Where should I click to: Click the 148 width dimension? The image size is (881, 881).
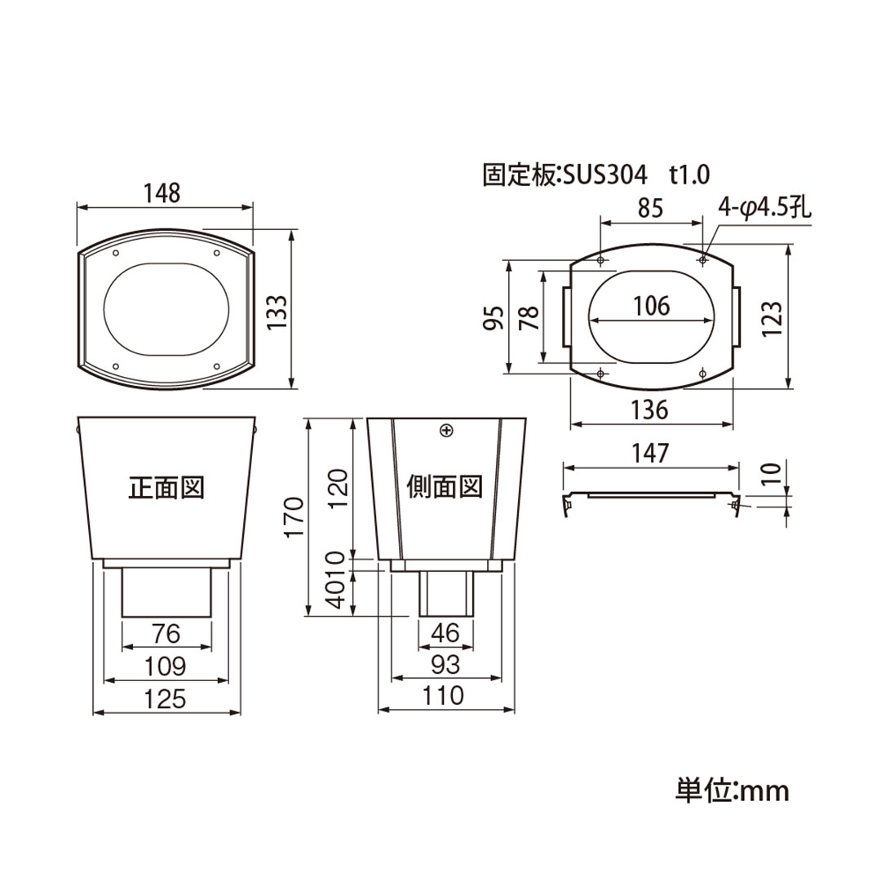[162, 193]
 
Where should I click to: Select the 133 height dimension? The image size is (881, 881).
[277, 311]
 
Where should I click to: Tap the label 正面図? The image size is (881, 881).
[166, 488]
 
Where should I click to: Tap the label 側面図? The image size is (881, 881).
[445, 488]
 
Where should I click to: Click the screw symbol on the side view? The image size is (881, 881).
[445, 430]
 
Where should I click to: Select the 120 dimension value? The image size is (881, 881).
[339, 488]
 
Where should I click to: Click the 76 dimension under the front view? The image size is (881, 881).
[166, 633]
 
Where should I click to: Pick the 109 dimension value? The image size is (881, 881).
[166, 666]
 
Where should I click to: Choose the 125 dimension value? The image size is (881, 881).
[166, 698]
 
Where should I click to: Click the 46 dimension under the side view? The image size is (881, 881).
[445, 633]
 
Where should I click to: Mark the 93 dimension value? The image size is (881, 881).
[445, 665]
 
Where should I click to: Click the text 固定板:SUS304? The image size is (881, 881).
[565, 174]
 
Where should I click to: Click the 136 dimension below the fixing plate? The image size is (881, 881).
[650, 410]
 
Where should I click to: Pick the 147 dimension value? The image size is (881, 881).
[650, 454]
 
